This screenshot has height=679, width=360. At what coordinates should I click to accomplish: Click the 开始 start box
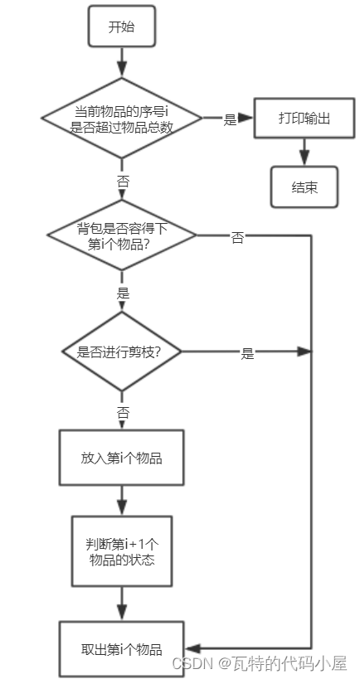pos(121,27)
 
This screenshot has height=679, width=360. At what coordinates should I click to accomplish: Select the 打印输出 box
pos(304,119)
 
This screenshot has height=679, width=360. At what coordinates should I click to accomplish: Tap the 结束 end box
pos(304,187)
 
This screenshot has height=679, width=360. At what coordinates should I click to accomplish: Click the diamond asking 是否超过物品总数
pos(122,119)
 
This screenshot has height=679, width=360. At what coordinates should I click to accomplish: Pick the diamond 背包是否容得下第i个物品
pos(122,235)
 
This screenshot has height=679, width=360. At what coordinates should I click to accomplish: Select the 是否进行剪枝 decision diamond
pos(122,352)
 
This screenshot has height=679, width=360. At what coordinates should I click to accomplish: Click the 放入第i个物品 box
pos(121,458)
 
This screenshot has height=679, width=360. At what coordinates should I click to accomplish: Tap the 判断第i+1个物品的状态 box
pos(121,551)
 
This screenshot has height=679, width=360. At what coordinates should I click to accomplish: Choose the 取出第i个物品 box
pos(121,648)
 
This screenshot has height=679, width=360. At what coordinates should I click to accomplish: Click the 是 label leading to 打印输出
pos(230,119)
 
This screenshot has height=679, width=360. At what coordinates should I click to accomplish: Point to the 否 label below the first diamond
pos(123,180)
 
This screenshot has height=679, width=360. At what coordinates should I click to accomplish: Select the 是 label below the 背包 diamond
pos(123,293)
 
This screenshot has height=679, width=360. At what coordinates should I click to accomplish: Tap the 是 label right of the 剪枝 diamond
pos(246,353)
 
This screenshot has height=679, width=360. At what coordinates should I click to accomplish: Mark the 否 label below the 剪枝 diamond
pos(123,411)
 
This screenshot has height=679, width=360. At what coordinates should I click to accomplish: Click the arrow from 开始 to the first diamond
pos(122,61)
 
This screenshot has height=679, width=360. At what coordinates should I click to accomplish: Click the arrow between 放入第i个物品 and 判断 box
pos(122,500)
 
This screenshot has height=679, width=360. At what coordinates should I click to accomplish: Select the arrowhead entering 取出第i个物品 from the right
pos(192,647)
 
